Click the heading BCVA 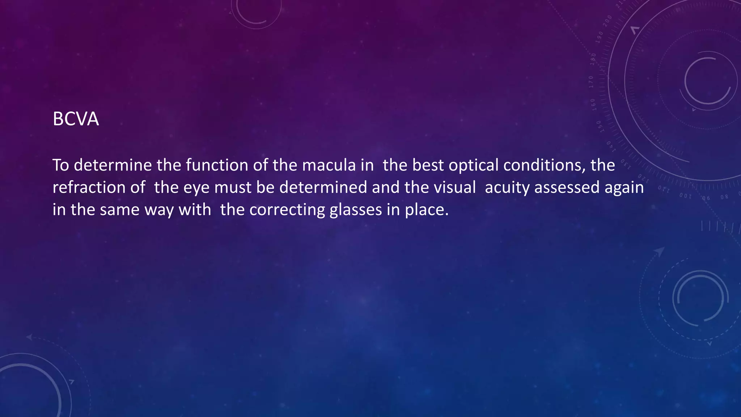pyautogui.click(x=76, y=119)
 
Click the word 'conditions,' pyautogui.click(x=545, y=165)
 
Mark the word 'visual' pyautogui.click(x=454, y=188)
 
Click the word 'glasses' pyautogui.click(x=356, y=210)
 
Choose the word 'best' pyautogui.click(x=428, y=165)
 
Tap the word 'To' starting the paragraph pyautogui.click(x=61, y=165)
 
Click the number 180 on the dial pyautogui.click(x=593, y=59)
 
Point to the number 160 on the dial pyautogui.click(x=593, y=104)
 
